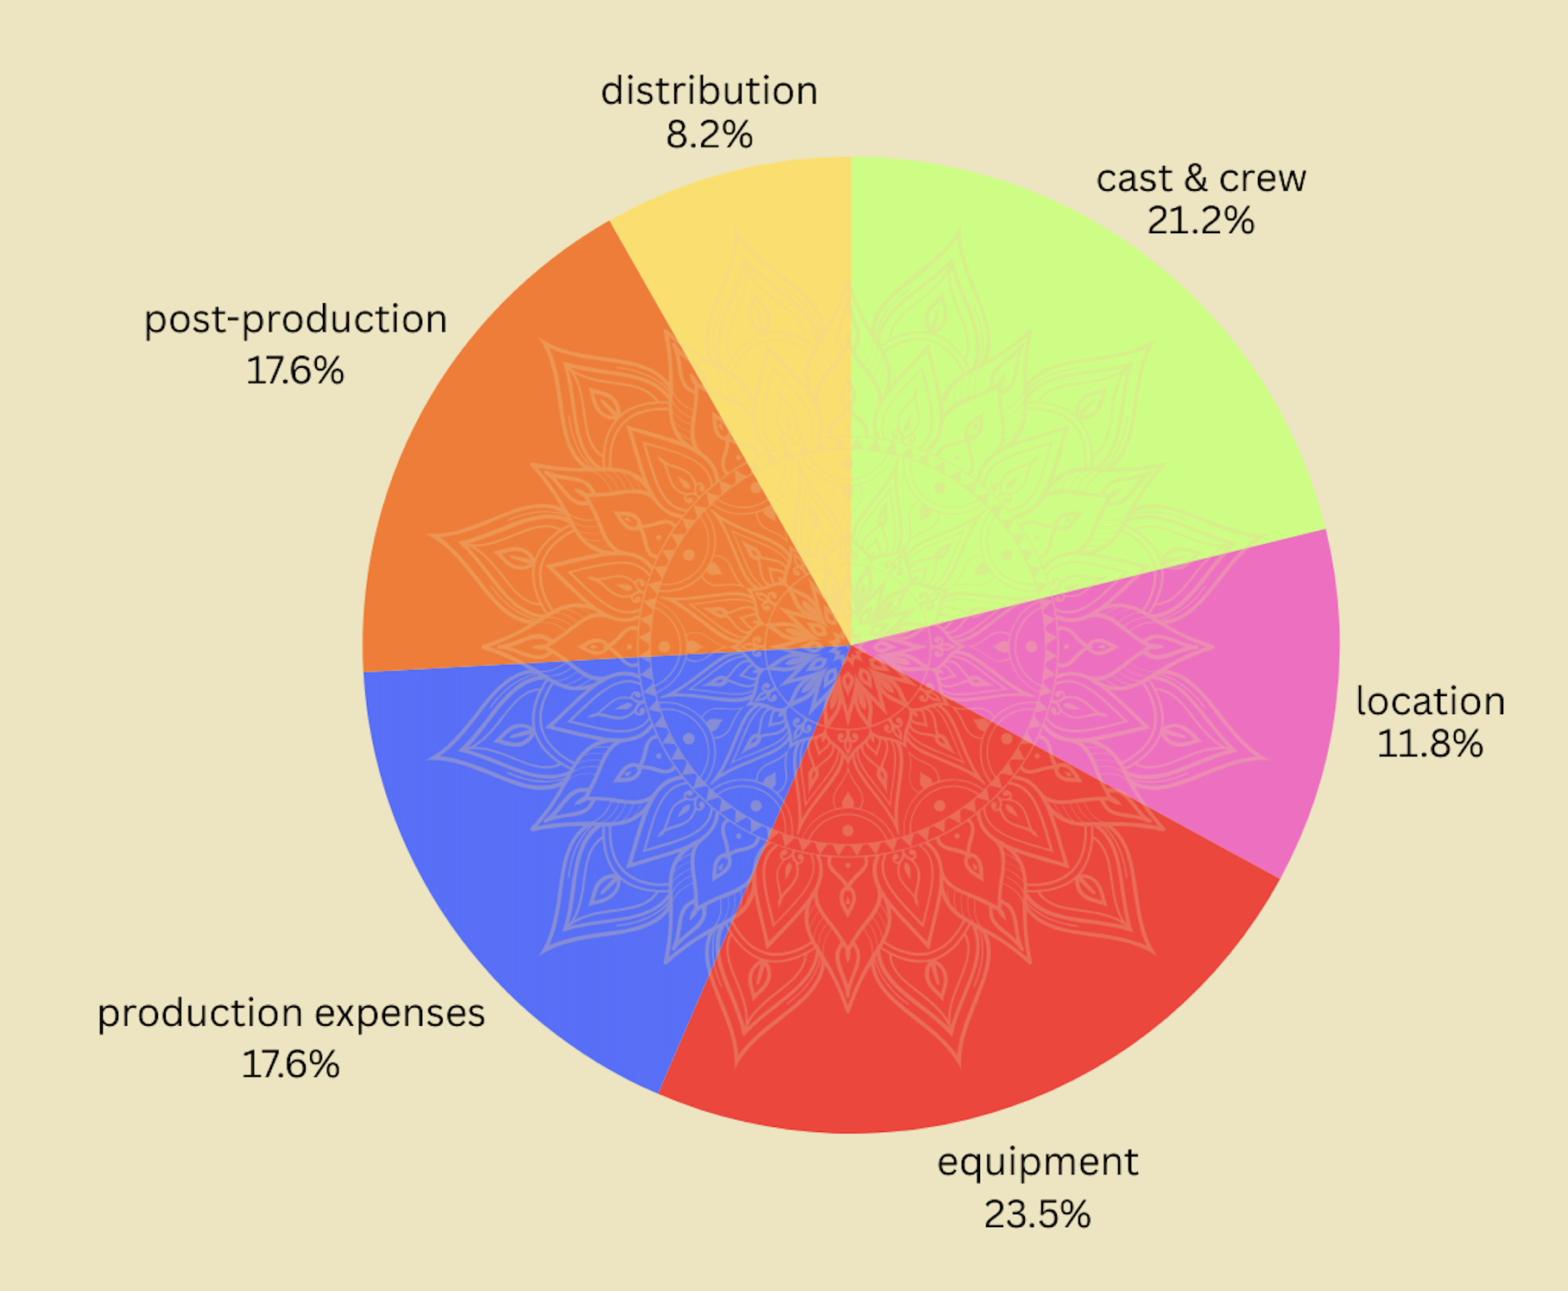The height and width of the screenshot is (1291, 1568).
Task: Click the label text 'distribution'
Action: [x=709, y=92]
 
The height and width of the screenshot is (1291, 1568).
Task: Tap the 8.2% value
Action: [x=709, y=135]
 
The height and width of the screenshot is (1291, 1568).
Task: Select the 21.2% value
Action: [x=1200, y=221]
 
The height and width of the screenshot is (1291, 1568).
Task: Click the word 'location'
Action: [x=1430, y=700]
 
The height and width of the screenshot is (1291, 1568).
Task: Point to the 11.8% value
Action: [x=1430, y=744]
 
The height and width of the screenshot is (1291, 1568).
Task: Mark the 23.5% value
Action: [x=1037, y=1214]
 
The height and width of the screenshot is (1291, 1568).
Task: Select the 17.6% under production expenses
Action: [x=290, y=1064]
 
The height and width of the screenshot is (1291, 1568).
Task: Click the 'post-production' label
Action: [x=295, y=320]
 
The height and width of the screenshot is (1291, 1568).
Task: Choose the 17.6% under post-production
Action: [x=295, y=370]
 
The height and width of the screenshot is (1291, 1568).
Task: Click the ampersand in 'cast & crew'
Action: [x=1195, y=179]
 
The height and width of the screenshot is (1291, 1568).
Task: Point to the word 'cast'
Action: [x=1134, y=179]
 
